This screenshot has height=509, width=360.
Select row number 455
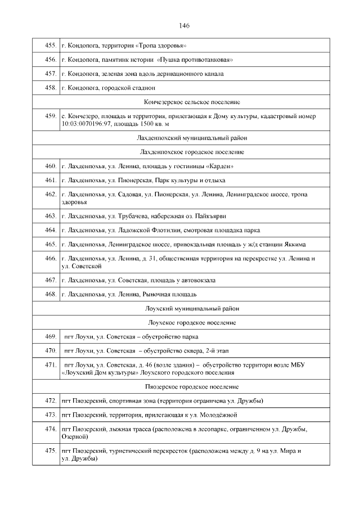(49, 45)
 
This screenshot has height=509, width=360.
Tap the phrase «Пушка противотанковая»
(196, 60)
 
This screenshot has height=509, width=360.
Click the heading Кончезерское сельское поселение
(192, 102)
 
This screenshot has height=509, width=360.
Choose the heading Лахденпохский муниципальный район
(192, 137)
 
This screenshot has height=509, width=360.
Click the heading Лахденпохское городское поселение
(192, 152)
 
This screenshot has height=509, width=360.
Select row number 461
(49, 181)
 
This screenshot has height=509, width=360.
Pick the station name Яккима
(296, 245)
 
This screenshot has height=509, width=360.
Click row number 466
(49, 259)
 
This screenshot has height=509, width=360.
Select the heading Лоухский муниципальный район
(192, 308)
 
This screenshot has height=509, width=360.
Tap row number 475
(49, 451)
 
